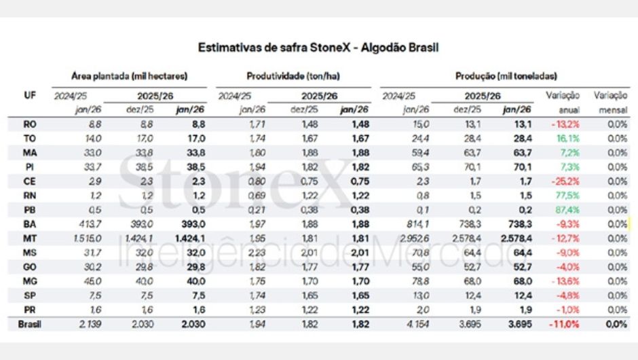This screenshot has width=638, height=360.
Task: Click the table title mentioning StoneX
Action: (x=318, y=48)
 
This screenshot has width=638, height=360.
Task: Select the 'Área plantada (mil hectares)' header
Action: (x=129, y=77)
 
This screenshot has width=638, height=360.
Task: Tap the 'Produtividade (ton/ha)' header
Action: (x=293, y=77)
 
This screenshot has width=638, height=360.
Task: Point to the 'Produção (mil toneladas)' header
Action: (x=506, y=77)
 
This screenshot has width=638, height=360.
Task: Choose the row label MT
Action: (x=29, y=238)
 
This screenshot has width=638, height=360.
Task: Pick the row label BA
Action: (x=29, y=224)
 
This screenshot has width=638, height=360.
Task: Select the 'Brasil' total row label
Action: (x=29, y=325)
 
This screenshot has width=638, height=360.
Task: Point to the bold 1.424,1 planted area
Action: (x=189, y=238)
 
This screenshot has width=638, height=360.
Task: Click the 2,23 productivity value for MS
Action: (x=242, y=253)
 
